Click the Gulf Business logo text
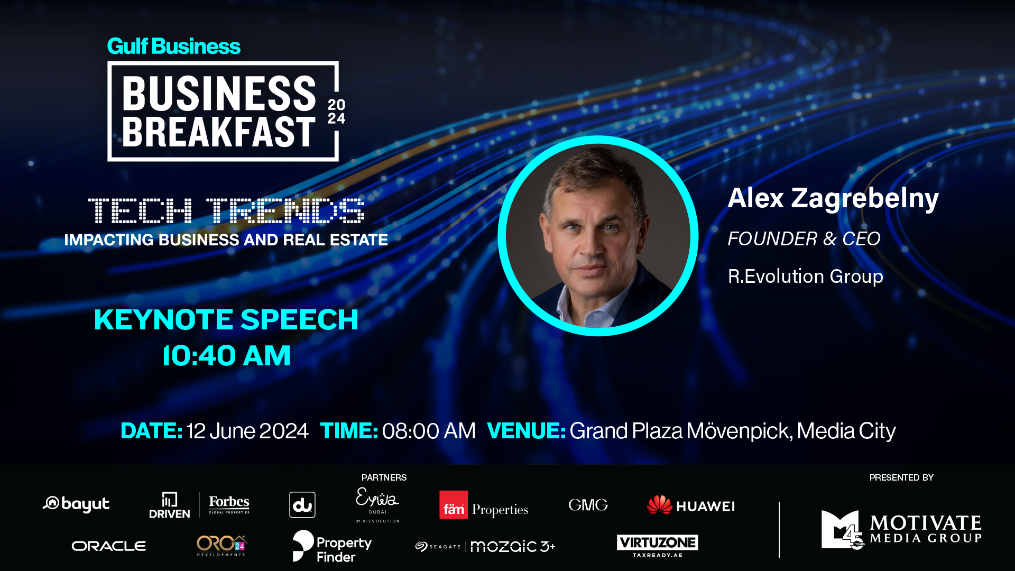[173, 47]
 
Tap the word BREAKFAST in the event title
[219, 132]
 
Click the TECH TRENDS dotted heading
[226, 210]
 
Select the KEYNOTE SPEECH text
[226, 319]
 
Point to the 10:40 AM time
[226, 355]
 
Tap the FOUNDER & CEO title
[804, 239]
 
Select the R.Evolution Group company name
[806, 277]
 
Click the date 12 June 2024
[247, 431]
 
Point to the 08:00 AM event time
[429, 431]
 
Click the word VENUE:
[526, 431]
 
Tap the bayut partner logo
[76, 504]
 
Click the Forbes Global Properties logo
[229, 504]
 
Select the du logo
[302, 505]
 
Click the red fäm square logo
[454, 505]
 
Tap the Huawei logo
[690, 505]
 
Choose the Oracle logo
[109, 546]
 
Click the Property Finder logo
[332, 546]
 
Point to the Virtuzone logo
[657, 546]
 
